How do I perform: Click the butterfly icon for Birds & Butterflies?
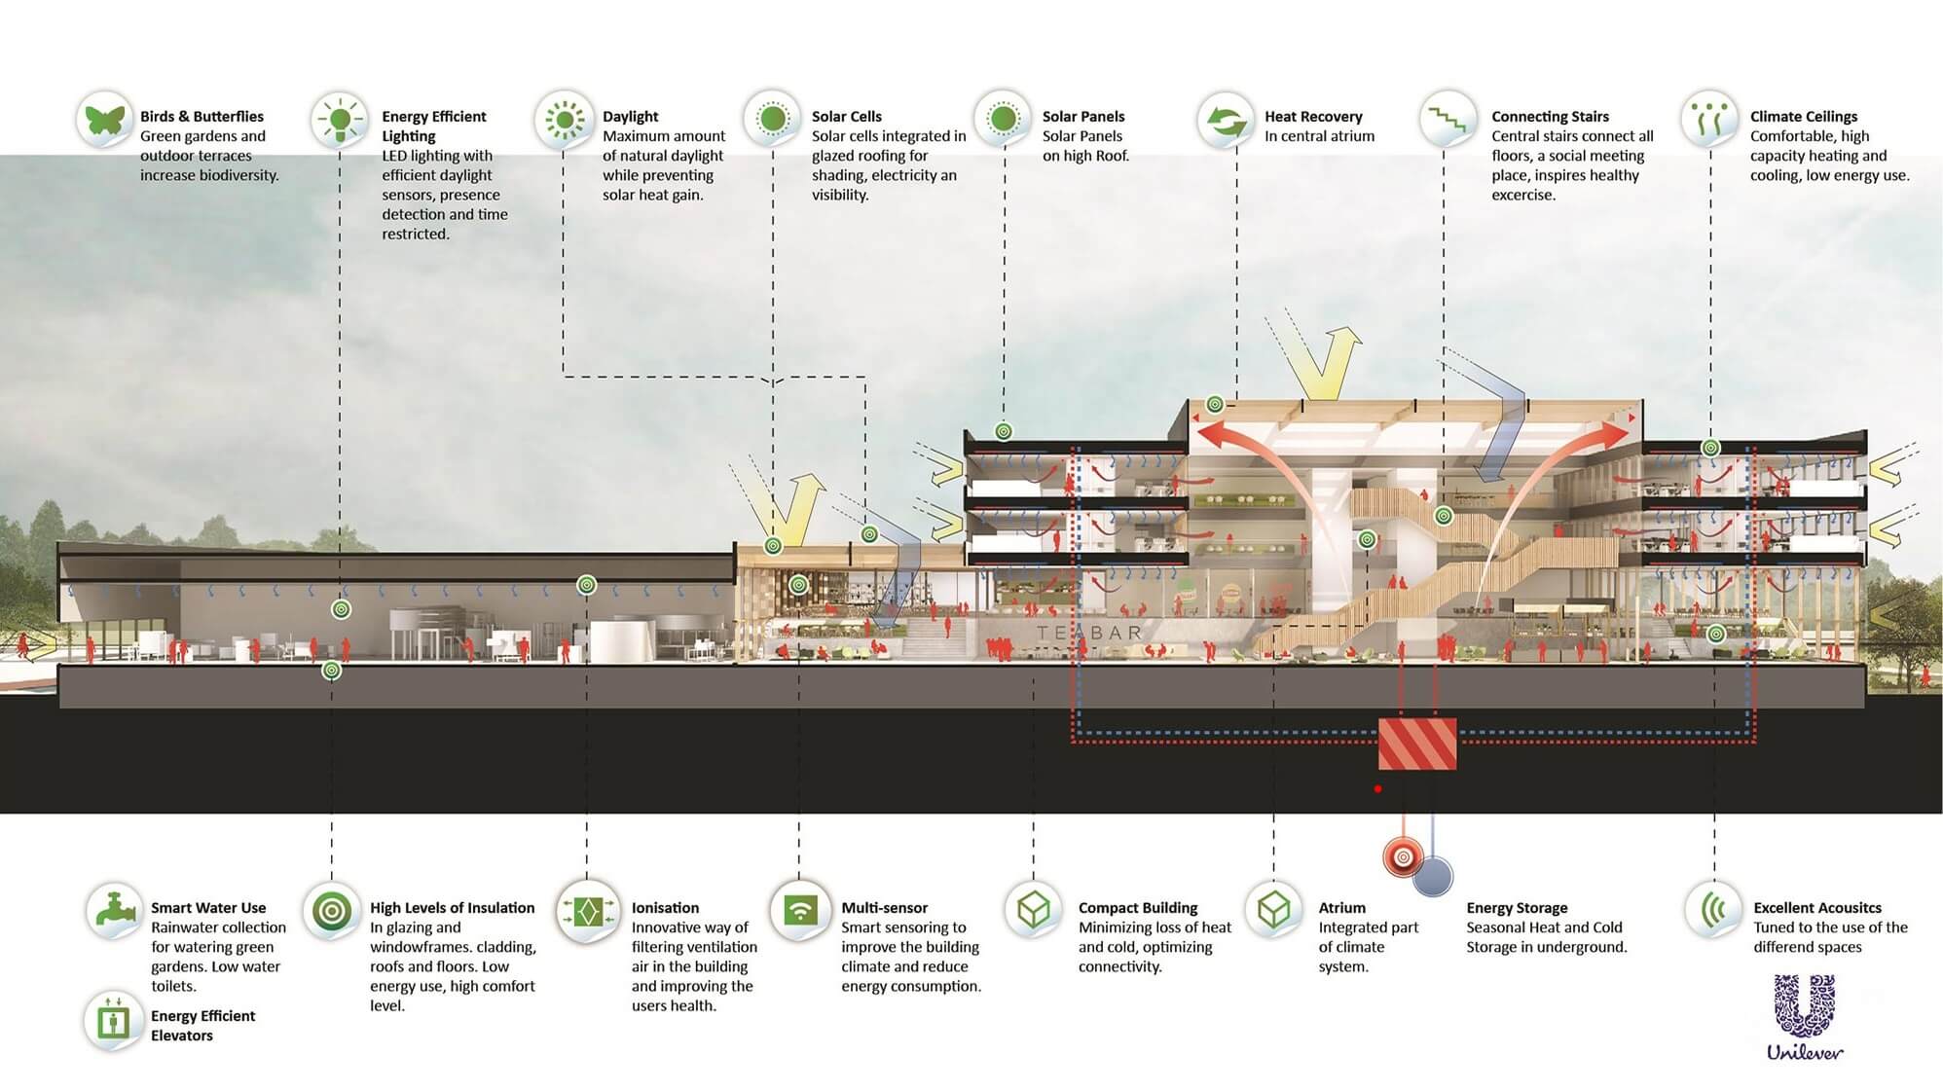click(105, 120)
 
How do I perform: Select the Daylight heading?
click(630, 117)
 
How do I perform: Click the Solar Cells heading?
click(846, 117)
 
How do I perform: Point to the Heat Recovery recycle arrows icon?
click(1226, 120)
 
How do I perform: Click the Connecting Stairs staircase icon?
click(1446, 120)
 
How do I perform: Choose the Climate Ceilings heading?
click(1803, 117)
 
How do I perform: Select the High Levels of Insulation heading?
click(452, 908)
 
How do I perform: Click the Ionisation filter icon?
click(588, 911)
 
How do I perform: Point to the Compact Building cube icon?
click(1032, 910)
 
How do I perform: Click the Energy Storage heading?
click(1517, 908)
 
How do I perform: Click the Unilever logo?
click(1805, 1017)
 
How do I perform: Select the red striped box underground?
click(1417, 745)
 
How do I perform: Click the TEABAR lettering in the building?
click(1088, 633)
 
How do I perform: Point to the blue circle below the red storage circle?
click(1433, 876)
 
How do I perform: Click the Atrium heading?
click(1341, 908)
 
